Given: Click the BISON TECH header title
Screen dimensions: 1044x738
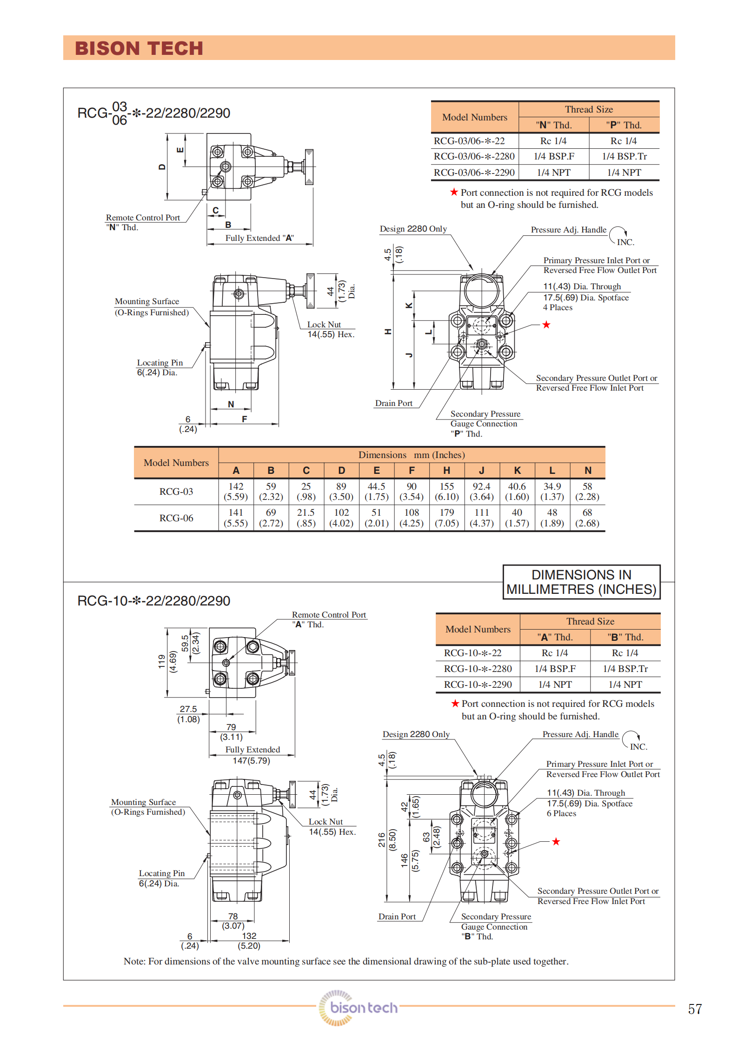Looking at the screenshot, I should click(139, 48).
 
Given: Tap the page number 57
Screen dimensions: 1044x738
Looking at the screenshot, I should click(695, 1009).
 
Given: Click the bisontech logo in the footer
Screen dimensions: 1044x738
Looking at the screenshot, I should click(358, 1007).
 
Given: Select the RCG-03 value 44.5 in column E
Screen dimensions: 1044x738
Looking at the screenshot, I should click(376, 492).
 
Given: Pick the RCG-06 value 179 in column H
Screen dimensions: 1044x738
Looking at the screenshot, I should click(446, 518).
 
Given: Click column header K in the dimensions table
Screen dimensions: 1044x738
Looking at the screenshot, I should click(517, 470).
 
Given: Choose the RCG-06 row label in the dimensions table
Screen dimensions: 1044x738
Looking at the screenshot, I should click(176, 518).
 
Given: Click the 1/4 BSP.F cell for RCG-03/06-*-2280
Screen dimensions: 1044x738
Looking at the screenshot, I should click(553, 157).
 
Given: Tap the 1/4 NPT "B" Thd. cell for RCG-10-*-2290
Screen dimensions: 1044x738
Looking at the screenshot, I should click(625, 685).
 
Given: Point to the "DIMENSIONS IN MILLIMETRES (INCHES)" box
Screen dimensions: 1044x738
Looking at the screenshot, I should click(581, 582).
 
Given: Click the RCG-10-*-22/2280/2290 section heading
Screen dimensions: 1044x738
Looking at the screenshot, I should click(153, 601).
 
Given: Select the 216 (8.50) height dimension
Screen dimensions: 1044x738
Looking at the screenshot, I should click(386, 839).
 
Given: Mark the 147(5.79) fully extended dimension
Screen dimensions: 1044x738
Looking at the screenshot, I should click(251, 761).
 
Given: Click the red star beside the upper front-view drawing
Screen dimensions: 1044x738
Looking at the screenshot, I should click(546, 325).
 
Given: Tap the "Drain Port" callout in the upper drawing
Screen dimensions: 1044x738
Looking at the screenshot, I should click(394, 403).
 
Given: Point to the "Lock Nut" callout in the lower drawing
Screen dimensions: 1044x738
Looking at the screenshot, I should click(326, 822).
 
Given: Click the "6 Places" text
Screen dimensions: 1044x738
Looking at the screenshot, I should click(561, 813).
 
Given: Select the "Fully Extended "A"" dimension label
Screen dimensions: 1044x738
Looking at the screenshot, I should click(259, 238).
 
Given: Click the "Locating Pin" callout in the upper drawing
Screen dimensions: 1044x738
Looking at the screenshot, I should click(160, 363).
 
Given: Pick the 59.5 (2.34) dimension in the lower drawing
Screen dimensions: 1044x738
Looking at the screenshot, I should click(190, 643).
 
